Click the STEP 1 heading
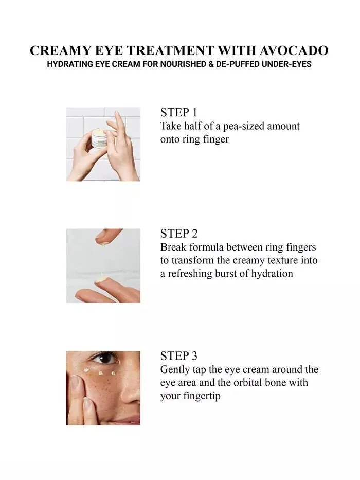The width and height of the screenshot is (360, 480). tap(179, 112)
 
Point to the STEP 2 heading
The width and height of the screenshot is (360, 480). tap(179, 234)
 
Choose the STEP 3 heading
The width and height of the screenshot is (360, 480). tap(179, 355)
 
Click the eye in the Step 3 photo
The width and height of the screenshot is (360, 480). tap(105, 359)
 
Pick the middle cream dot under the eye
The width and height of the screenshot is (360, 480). tap(100, 373)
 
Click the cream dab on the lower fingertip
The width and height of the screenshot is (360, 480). tap(99, 278)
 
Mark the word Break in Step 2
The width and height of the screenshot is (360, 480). tap(172, 247)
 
